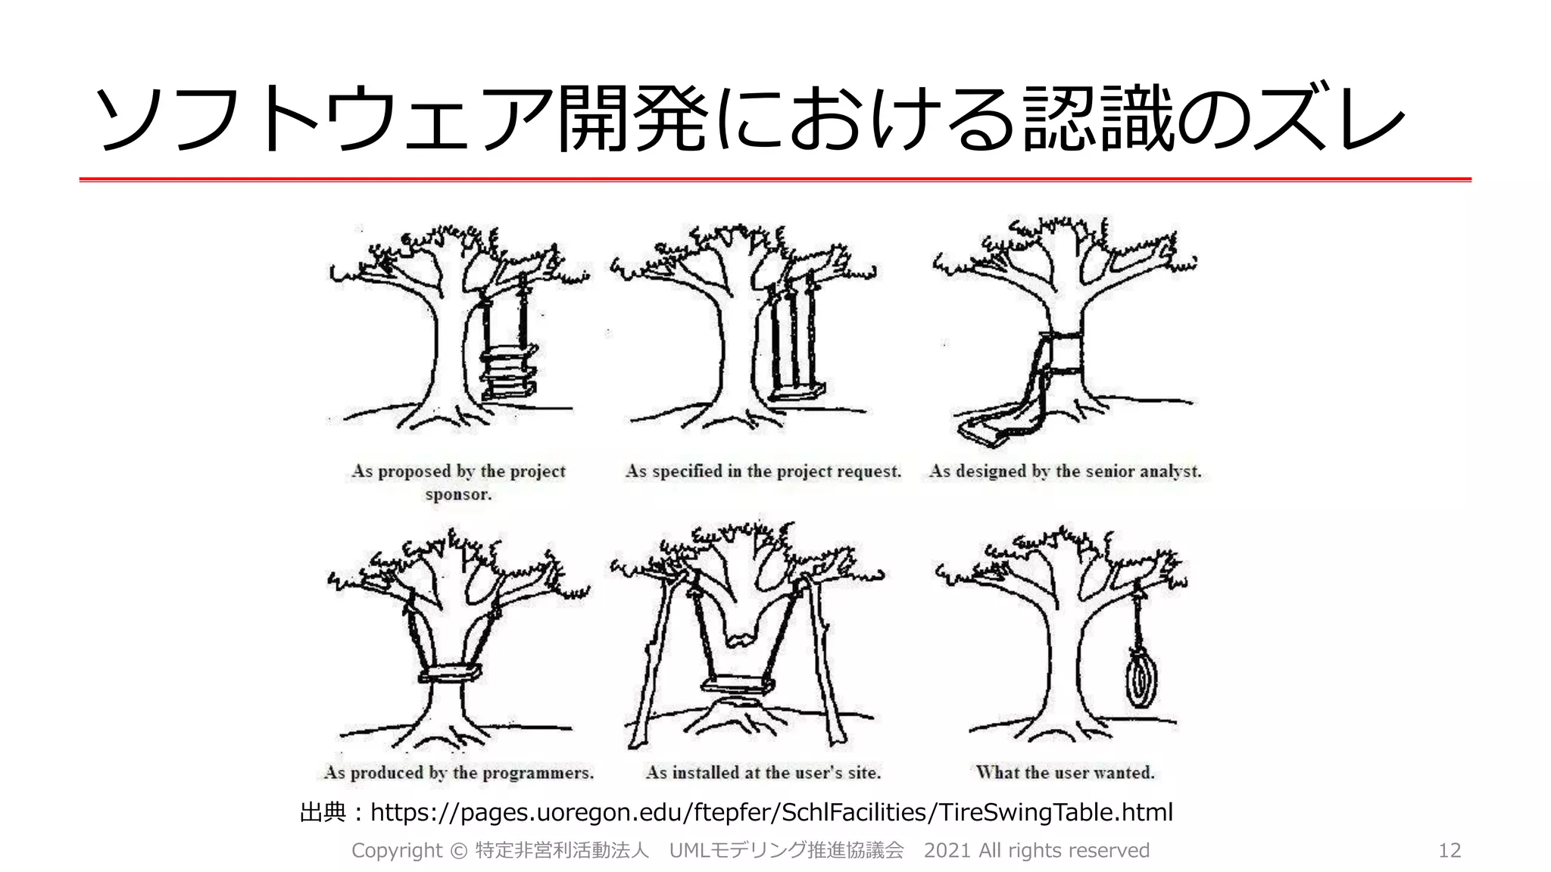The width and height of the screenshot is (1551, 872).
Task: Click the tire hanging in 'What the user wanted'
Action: coord(1140,680)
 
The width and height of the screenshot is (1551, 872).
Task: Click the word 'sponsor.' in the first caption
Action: coord(458,494)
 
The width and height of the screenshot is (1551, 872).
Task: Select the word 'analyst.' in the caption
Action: coord(1170,471)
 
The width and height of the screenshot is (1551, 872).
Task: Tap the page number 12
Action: coord(1449,850)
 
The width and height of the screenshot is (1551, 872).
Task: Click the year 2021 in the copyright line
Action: coord(948,850)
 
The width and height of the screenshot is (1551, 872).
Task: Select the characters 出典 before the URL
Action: coord(323,812)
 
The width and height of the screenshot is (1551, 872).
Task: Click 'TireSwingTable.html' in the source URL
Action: coord(1056,812)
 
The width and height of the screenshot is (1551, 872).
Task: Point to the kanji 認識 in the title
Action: coord(1098,117)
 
